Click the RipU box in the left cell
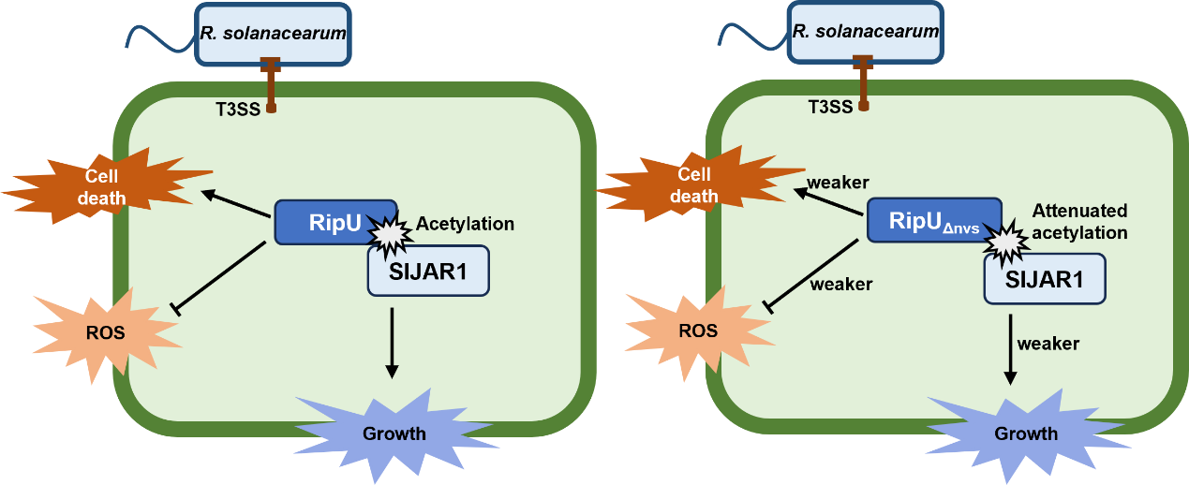click(334, 221)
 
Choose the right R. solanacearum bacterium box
click(864, 32)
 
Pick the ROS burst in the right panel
click(698, 330)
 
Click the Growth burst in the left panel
click(394, 433)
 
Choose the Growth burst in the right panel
click(1025, 433)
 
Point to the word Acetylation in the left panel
click(465, 224)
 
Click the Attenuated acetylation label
click(1080, 221)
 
